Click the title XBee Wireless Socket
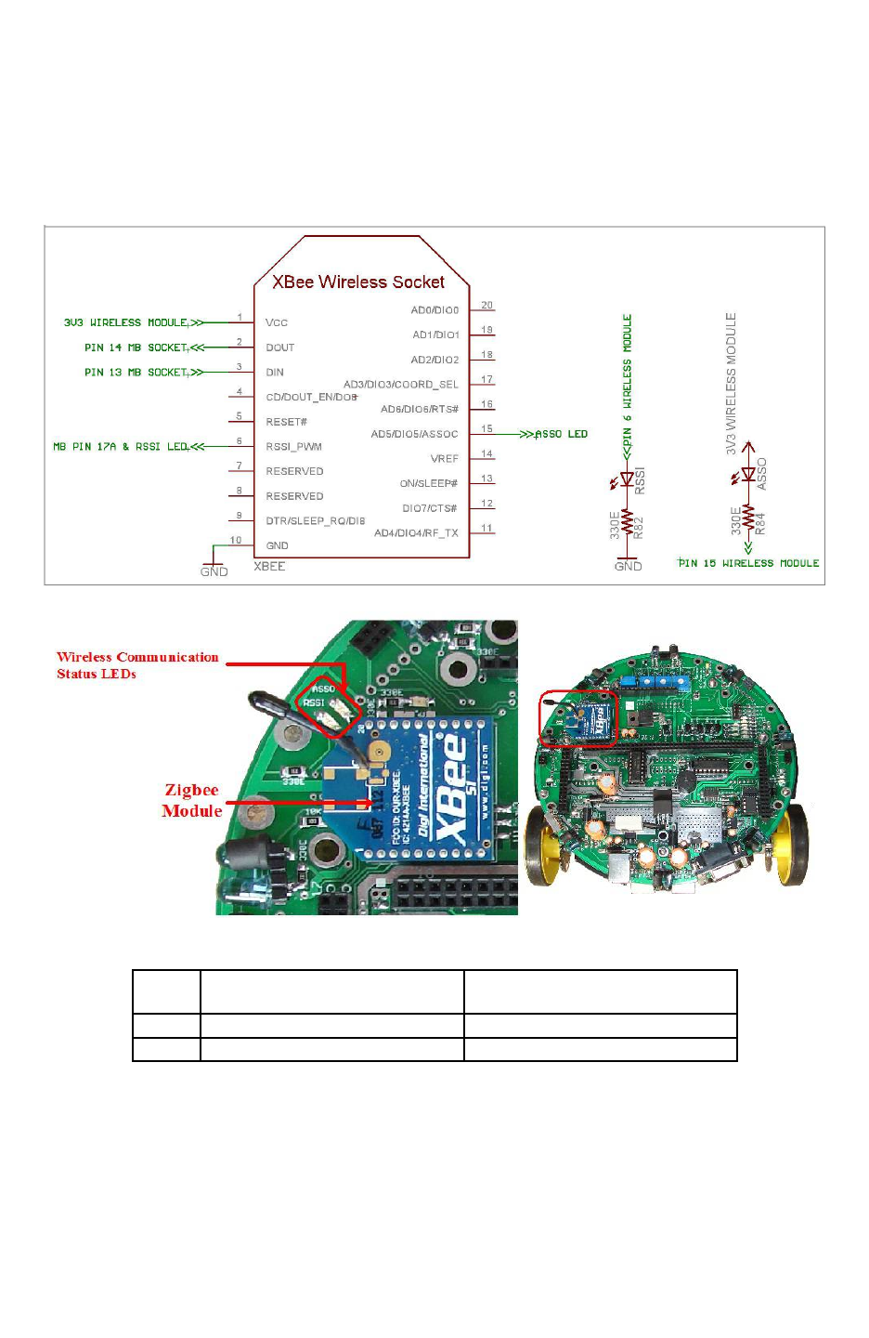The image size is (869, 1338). tap(358, 282)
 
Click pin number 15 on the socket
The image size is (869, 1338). tap(486, 429)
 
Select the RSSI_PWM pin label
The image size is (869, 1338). tap(293, 447)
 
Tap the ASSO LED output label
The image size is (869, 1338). tap(562, 434)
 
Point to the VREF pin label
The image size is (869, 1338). tap(444, 459)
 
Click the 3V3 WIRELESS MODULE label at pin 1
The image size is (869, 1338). tap(126, 322)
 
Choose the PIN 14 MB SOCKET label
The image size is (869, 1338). tap(136, 348)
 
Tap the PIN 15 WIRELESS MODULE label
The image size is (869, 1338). tap(748, 563)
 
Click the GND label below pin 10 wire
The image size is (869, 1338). tap(214, 571)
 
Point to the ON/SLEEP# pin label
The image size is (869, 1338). tap(429, 483)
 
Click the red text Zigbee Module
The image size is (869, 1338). tap(192, 800)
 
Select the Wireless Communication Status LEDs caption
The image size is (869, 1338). tap(137, 665)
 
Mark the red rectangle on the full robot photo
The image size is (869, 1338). tap(578, 718)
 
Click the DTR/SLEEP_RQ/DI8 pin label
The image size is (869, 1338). tap(315, 521)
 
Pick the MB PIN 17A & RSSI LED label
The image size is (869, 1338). tap(121, 447)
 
